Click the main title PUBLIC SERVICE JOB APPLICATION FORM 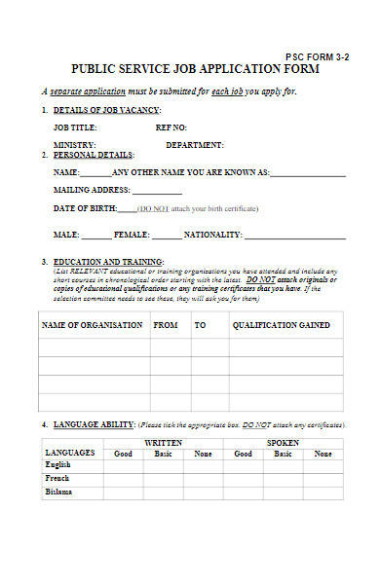coord(189,70)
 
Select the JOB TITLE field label coord(75,128)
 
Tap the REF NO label coord(171,128)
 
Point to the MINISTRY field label coord(74,145)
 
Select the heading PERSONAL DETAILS coord(94,155)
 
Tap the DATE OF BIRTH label coord(85,208)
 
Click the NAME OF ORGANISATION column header coord(92,325)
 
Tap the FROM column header coord(166,325)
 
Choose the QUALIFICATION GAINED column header coord(281,325)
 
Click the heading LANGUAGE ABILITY coord(94,425)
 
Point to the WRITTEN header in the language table coord(163,443)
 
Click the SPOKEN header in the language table coord(283,443)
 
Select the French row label coord(58,478)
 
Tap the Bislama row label coord(59,492)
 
